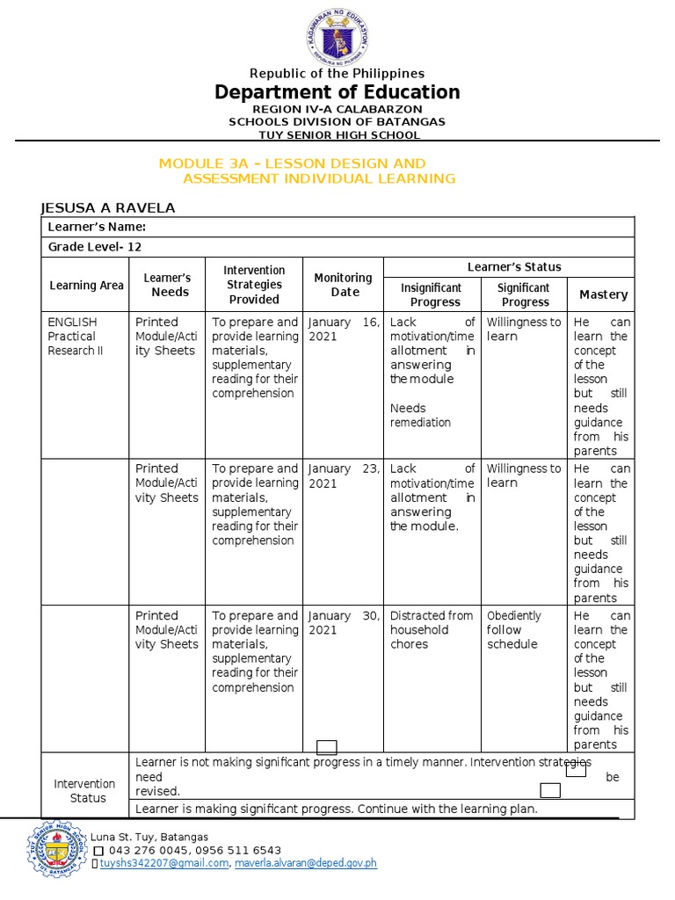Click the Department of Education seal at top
(x=337, y=37)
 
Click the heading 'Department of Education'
(x=337, y=92)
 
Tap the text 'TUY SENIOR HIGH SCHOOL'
(x=337, y=134)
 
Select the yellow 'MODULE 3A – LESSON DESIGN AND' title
(x=292, y=163)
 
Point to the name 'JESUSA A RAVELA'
(x=108, y=207)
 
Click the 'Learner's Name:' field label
(x=97, y=227)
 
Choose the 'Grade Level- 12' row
(x=95, y=247)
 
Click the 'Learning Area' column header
(x=86, y=285)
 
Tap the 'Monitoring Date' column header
(x=343, y=285)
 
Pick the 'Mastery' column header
(x=603, y=294)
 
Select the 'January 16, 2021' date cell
(x=343, y=329)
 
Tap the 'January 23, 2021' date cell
(x=343, y=475)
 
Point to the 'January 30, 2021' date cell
(x=343, y=622)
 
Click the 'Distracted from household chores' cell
(x=431, y=629)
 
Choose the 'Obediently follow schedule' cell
(x=514, y=629)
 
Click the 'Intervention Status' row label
(x=85, y=790)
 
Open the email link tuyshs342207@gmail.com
(x=163, y=863)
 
